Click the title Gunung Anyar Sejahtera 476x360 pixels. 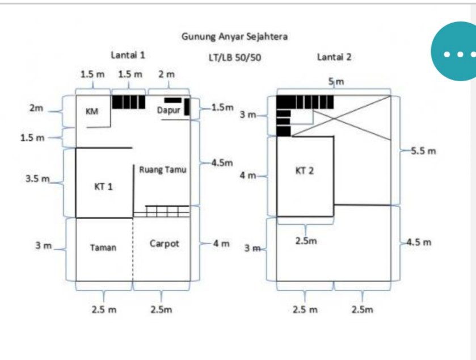pos(234,37)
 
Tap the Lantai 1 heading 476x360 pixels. pos(128,56)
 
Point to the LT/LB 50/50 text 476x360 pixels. pos(235,57)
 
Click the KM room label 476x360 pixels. pos(91,112)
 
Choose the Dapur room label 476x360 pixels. pos(169,110)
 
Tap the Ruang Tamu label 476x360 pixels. pos(163,169)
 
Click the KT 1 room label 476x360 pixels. pos(103,186)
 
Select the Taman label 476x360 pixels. pos(103,247)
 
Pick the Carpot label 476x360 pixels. pos(165,244)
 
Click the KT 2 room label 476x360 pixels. pos(304,170)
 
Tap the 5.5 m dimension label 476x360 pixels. pos(423,151)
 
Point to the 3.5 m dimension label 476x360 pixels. pos(37,179)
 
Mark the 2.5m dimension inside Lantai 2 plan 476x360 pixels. pos(306,241)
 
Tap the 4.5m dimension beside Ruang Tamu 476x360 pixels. pos(222,163)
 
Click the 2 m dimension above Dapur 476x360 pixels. pos(166,74)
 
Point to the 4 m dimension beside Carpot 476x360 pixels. pos(221,244)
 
